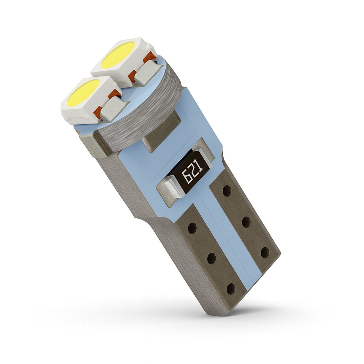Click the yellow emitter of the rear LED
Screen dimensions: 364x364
pyautogui.click(x=118, y=55)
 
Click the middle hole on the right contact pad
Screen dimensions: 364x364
pyautogui.click(x=246, y=221)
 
